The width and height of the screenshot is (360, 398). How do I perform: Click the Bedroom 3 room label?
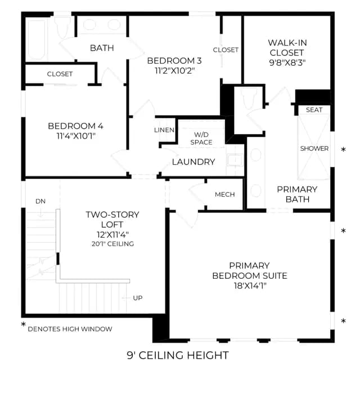pos(174,61)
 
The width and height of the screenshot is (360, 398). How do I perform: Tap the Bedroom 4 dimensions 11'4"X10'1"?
pos(76,136)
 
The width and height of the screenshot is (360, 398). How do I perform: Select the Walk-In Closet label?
pos(287,48)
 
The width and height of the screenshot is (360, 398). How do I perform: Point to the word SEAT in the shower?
pos(314,110)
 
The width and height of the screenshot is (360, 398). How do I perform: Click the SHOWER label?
pos(314,148)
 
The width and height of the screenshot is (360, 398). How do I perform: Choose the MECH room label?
pos(225,195)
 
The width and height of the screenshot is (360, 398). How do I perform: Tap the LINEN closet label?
pos(164,130)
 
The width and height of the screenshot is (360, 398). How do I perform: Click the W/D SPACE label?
pos(201,138)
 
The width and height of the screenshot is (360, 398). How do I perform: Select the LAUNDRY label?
pos(193,162)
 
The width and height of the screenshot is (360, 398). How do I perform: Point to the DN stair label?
pos(40,201)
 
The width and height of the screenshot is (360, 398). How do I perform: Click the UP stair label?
pos(138,298)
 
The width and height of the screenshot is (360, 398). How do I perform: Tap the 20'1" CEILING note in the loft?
pos(112,244)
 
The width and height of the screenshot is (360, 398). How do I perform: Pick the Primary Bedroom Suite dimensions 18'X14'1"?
pos(250,286)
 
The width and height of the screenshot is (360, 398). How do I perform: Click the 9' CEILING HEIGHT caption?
pos(178,355)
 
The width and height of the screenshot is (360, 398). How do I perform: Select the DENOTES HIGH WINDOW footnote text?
pos(70,329)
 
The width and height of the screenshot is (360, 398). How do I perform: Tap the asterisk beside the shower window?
pos(343,150)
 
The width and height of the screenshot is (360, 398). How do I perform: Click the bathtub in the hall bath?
pos(37,39)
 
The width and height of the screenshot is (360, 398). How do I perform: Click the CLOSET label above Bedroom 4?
pos(60,74)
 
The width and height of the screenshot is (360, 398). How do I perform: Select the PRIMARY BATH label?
pos(297,194)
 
